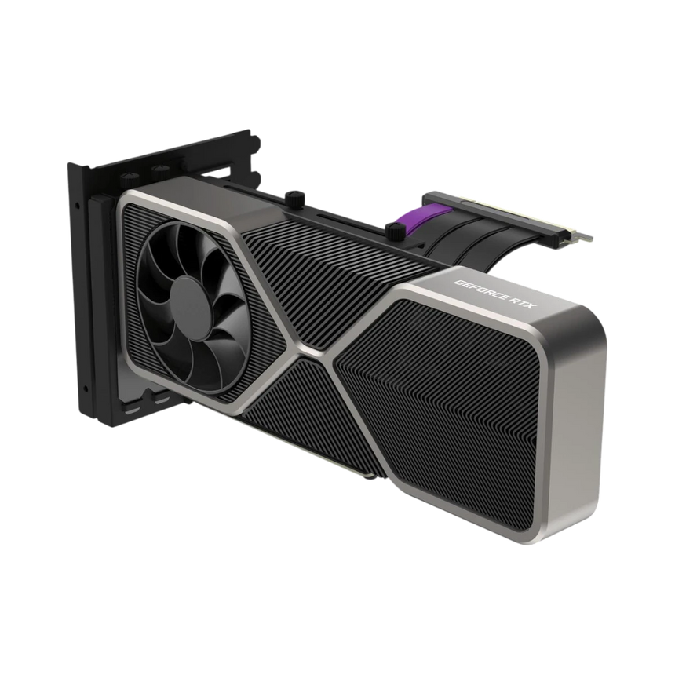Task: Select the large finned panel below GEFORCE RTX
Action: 463,408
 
